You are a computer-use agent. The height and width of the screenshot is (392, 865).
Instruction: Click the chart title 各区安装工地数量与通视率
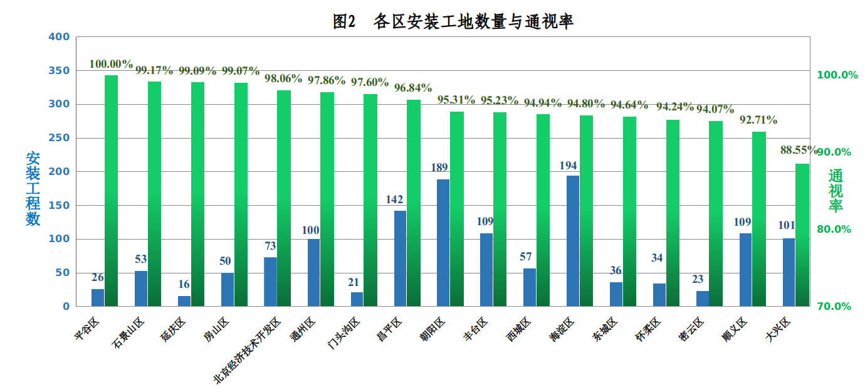coord(453,22)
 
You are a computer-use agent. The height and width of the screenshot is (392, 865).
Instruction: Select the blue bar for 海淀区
coord(573,241)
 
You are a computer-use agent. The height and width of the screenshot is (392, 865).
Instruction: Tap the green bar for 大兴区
coord(802,235)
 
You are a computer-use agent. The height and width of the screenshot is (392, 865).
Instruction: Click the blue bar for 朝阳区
coord(443,243)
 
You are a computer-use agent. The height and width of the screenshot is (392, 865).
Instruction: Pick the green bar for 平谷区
coord(111,191)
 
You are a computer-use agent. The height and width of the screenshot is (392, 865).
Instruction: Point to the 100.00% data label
coord(111,64)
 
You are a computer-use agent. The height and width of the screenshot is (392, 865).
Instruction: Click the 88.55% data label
coord(799,151)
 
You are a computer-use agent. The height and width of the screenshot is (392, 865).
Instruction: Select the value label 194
coord(569,166)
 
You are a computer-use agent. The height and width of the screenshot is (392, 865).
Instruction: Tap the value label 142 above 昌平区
coord(395,200)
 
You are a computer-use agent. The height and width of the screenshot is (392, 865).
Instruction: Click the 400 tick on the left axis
coord(59,37)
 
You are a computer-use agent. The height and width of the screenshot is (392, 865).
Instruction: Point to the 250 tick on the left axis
coord(59,138)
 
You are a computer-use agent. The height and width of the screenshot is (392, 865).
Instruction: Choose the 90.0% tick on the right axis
coord(834,152)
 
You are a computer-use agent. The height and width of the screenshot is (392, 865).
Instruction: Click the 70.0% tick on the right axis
coord(834,307)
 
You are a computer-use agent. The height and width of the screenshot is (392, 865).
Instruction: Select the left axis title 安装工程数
coord(33,189)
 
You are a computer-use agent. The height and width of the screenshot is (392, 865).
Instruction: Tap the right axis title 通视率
coord(836,191)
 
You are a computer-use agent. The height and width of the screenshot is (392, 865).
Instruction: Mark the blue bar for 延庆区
coord(184,301)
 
